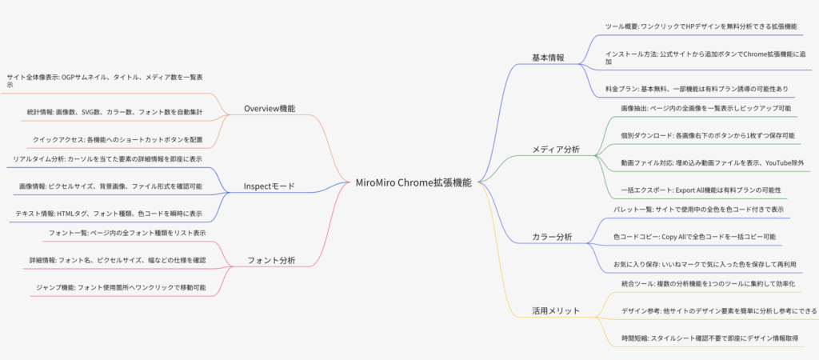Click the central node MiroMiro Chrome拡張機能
413,183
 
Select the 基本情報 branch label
548,58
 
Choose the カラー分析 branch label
552,238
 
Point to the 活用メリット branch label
556,311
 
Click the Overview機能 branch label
270,109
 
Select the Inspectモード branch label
270,186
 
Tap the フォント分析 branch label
271,260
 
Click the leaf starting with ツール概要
701,26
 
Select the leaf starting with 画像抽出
705,108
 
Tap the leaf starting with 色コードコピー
694,237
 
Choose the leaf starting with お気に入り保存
705,264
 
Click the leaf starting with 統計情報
115,112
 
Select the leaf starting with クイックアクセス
118,140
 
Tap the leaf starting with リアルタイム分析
108,159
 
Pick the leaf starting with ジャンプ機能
121,287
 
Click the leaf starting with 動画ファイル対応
713,163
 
